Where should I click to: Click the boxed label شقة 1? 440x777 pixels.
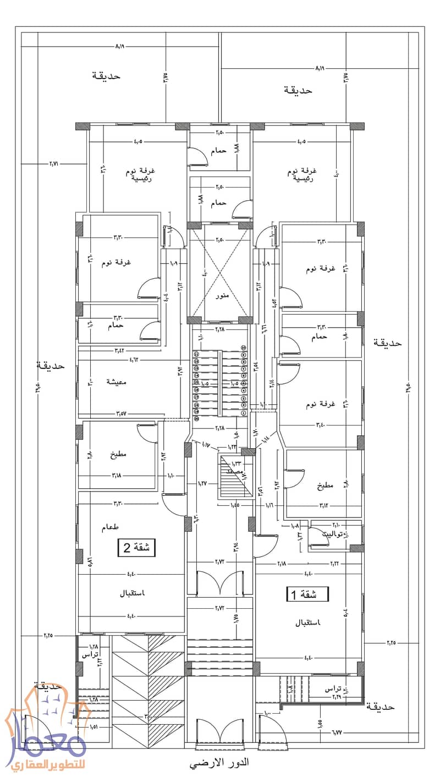click(x=308, y=594)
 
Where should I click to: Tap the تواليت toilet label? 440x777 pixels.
click(x=335, y=533)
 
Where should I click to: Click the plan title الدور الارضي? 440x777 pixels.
click(x=219, y=763)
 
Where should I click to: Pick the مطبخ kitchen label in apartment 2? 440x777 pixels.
click(x=118, y=455)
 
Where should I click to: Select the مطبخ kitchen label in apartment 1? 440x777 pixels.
click(x=324, y=486)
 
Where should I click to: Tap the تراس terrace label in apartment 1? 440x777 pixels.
click(x=334, y=689)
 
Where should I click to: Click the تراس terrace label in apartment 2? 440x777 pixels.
click(x=90, y=655)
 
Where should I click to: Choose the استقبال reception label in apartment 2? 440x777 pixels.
click(x=131, y=594)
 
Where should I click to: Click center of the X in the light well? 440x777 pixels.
click(x=219, y=272)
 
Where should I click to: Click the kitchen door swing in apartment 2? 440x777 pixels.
click(x=146, y=434)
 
